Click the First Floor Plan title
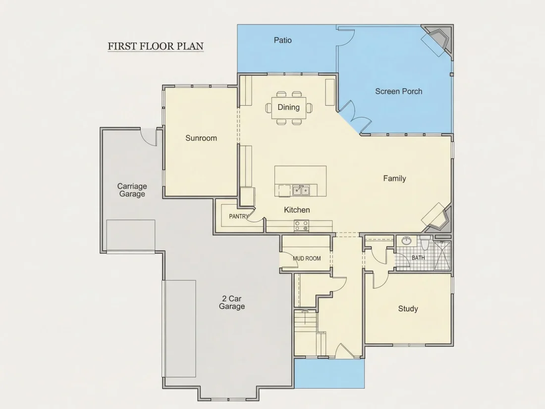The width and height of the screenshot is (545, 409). coord(156,46)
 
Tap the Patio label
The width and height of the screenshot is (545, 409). coord(282,40)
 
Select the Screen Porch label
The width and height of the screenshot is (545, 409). coord(399,92)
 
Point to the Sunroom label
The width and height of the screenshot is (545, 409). coord(201,138)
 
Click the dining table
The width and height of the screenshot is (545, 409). coord(288,108)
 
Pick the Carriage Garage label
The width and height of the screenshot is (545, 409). coord(132,190)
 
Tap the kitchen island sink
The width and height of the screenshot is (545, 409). coord(301,190)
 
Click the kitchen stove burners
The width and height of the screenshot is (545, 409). coord(301,226)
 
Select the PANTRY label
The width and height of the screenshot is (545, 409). coord(239,216)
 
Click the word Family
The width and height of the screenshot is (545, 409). coord(394,178)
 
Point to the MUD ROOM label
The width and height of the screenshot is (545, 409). coord(307,258)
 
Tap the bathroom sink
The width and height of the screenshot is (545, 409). coord(406,240)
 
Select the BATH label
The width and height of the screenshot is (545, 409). coord(418,258)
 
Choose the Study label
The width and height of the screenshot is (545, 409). coord(408,309)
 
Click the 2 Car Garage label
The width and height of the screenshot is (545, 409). coord(232,302)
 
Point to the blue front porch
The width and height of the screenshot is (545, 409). coord(329,373)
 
